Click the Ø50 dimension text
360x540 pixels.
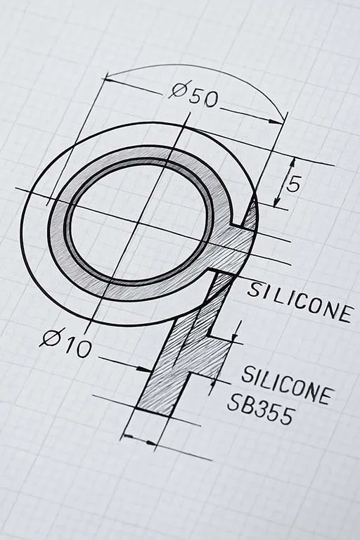[x=194, y=94]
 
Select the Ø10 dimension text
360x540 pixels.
[x=66, y=344]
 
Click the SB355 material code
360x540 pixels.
[x=259, y=409]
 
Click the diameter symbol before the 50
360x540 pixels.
[x=179, y=91]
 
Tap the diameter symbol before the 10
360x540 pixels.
[x=50, y=339]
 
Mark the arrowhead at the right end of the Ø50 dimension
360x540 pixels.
[x=281, y=119]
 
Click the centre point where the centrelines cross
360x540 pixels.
[x=139, y=223]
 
